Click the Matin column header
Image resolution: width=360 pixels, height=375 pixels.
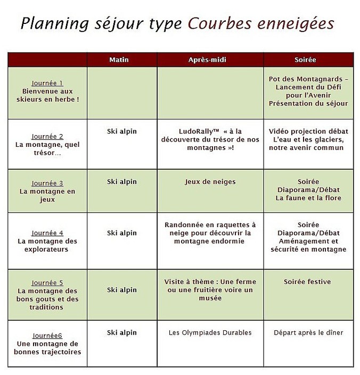click(x=122, y=60)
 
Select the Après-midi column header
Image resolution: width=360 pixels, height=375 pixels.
click(x=210, y=60)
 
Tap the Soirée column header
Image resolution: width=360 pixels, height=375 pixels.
click(x=308, y=60)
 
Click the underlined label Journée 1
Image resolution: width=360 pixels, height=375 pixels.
click(x=47, y=83)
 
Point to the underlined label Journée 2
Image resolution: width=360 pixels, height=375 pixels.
click(x=47, y=136)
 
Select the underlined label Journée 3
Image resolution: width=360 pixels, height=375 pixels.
click(x=47, y=184)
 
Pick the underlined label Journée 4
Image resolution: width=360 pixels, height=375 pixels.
click(x=47, y=233)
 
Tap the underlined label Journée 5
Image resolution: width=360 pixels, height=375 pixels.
click(x=47, y=283)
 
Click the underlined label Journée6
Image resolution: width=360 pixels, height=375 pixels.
click(x=47, y=336)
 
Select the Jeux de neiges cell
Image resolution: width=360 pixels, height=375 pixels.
click(x=210, y=182)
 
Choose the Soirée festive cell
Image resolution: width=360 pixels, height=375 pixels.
click(x=308, y=282)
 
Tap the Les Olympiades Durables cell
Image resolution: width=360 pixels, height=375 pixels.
click(x=210, y=333)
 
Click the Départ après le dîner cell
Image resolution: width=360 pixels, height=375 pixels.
click(x=308, y=333)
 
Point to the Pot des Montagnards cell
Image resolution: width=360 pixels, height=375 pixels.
click(x=308, y=91)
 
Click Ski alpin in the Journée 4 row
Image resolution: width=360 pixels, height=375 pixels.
click(x=122, y=233)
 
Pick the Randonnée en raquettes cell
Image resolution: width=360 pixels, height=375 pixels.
click(x=210, y=233)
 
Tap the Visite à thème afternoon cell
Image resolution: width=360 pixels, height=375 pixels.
click(x=210, y=290)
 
